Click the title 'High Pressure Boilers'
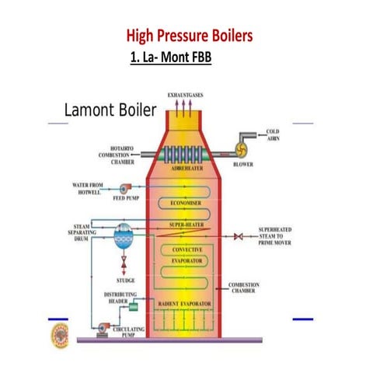189,37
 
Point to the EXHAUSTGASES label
184,95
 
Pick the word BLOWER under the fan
243,164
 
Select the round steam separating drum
123,235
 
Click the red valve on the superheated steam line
239,235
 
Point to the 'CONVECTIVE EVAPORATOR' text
186,254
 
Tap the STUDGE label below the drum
124,280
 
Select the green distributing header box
122,308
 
